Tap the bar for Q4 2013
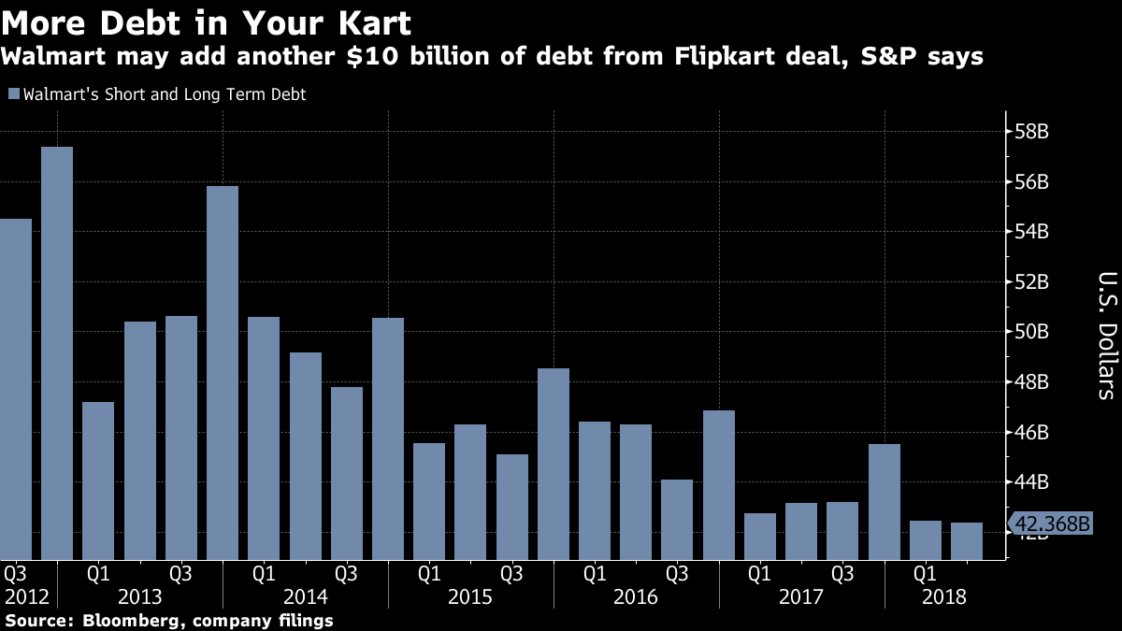223,373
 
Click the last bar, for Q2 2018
967,541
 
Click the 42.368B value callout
1053,523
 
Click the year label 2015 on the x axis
470,595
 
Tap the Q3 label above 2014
346,571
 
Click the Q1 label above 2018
926,571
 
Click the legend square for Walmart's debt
12,94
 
